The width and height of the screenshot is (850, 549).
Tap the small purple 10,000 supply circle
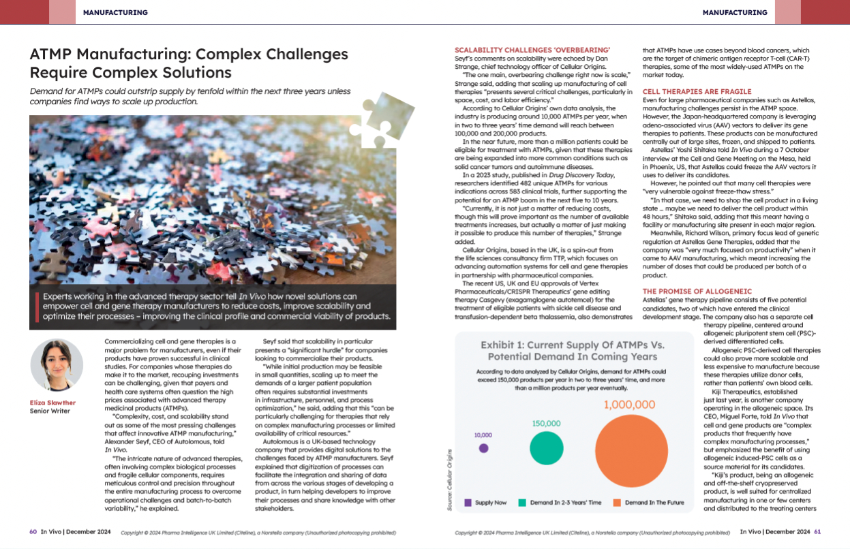(x=483, y=448)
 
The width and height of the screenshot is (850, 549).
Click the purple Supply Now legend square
(x=468, y=503)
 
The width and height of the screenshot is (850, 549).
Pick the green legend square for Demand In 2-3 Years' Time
(x=522, y=503)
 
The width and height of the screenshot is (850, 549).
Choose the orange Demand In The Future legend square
(x=618, y=503)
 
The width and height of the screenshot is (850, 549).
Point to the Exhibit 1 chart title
(x=569, y=350)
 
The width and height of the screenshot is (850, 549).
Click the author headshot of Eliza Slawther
(x=57, y=364)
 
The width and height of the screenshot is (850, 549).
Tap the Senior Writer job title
(x=50, y=411)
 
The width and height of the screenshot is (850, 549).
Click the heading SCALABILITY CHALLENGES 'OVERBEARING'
(x=532, y=50)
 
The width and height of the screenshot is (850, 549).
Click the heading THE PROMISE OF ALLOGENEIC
(x=692, y=292)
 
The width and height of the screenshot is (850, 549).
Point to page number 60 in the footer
(x=33, y=532)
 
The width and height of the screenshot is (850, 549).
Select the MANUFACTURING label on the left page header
(x=115, y=12)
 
